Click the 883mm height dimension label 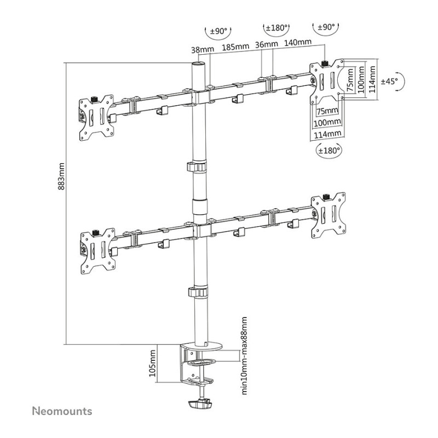61,176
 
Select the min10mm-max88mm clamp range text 244,355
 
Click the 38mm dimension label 203,50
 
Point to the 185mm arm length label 235,47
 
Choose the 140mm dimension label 298,43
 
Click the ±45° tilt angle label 389,81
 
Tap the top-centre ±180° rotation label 276,28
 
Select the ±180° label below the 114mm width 330,151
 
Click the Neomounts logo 62,411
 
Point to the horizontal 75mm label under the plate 327,111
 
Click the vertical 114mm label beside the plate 372,79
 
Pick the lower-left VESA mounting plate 98,251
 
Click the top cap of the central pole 199,64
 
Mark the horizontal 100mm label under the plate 327,122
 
